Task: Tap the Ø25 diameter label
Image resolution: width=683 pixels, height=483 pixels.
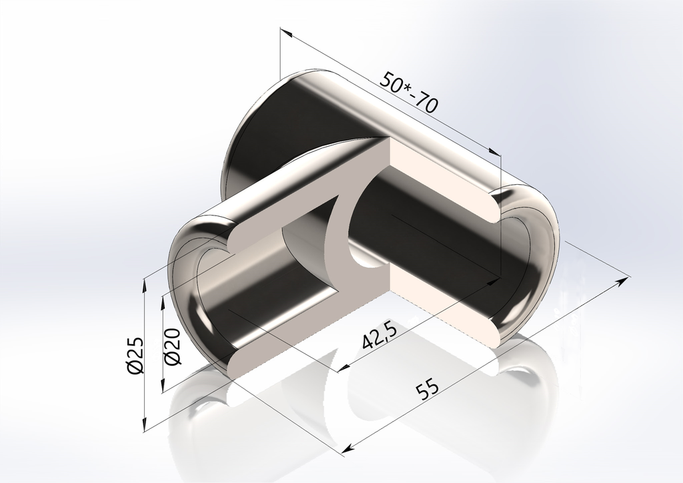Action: [136, 355]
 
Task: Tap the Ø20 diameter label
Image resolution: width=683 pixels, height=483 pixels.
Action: [171, 348]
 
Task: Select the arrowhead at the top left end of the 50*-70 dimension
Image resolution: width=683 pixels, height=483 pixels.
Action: [284, 32]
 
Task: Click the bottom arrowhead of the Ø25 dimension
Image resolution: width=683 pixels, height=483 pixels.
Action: [145, 425]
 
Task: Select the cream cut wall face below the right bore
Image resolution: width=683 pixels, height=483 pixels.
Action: [454, 314]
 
